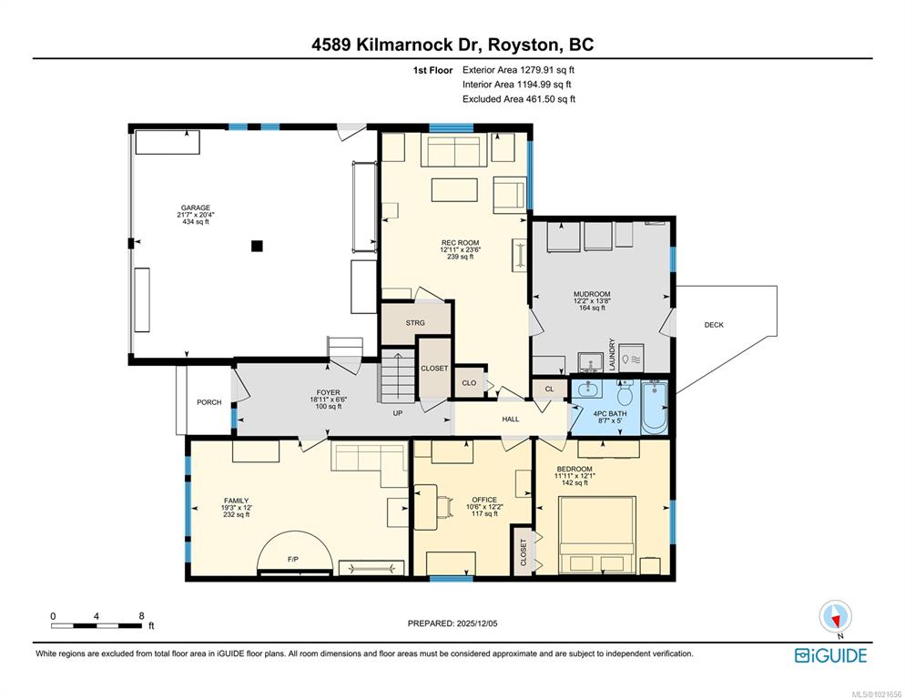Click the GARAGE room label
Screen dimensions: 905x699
coord(196,208)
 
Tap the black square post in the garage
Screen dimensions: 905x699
coord(257,246)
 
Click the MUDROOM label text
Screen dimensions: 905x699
coord(592,294)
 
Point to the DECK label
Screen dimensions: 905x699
coord(714,325)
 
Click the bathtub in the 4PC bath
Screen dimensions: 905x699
coord(655,408)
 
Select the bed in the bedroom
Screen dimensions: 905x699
coord(597,534)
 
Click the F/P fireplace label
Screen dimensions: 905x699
coord(293,560)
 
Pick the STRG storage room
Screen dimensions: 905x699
coord(415,323)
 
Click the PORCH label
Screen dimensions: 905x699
coord(208,402)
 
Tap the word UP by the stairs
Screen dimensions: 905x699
coord(398,413)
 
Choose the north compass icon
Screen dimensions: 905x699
coord(835,617)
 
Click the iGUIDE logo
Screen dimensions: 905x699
coord(830,655)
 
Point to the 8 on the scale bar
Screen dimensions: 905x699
coord(141,616)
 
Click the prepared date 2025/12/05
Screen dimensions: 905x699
coord(476,623)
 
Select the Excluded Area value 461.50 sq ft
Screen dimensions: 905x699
coord(551,98)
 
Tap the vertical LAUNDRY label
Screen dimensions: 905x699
coord(612,354)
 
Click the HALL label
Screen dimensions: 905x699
coord(511,419)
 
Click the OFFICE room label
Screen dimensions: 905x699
coord(484,500)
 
